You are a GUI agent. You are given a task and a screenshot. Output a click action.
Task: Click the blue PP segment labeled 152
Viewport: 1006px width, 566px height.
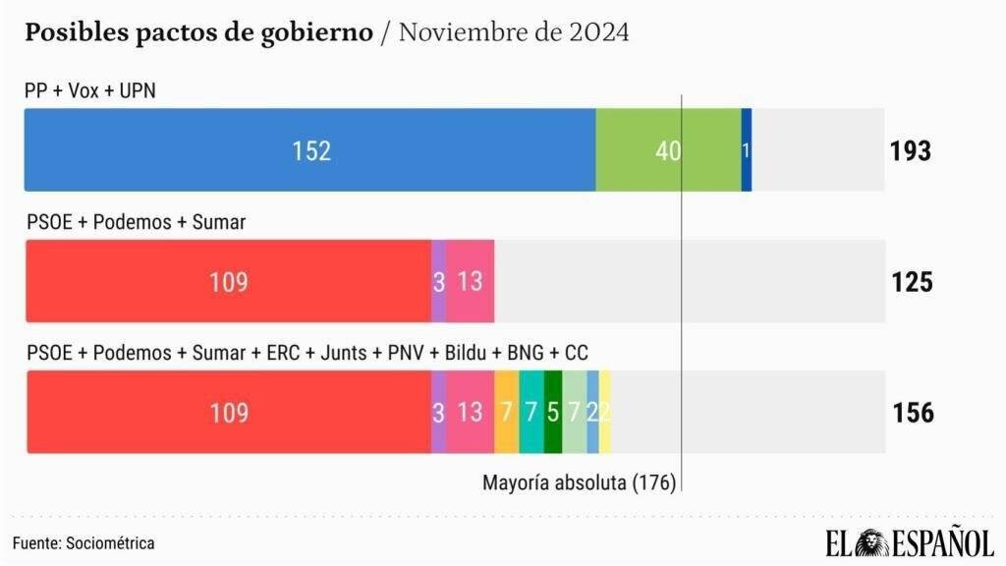310,150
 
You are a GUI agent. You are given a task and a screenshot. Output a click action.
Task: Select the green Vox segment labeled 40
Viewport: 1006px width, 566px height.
668,150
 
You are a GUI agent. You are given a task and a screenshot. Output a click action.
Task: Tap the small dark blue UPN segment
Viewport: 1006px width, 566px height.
747,150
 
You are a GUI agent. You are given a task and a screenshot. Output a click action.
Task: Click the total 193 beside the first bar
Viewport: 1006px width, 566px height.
911,151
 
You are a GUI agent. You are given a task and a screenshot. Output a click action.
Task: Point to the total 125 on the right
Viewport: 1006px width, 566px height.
912,282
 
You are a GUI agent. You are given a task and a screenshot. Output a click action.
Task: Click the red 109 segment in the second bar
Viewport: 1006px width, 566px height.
228,282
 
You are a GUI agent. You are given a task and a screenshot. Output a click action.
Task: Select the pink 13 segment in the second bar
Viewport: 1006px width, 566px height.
470,282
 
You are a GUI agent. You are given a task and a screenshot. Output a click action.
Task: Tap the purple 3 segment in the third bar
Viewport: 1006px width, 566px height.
438,413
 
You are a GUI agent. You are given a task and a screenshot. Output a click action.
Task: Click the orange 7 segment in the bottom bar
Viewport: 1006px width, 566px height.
506,413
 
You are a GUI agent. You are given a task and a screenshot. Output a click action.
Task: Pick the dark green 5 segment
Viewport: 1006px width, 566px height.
552,413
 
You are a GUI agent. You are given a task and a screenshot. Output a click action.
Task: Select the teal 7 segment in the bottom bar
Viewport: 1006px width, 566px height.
531,413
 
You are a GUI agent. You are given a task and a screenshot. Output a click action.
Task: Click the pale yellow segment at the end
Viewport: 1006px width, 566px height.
605,413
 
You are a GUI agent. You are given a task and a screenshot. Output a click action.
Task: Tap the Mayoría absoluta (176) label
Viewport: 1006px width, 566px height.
578,482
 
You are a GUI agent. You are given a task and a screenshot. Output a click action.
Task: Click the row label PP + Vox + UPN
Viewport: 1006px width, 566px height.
90,90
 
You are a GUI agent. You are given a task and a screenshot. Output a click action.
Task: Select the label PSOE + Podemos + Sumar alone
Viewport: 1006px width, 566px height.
136,222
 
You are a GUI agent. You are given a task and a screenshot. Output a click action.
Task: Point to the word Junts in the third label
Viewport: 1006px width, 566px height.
343,353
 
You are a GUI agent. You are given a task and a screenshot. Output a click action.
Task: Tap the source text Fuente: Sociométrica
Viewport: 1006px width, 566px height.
84,542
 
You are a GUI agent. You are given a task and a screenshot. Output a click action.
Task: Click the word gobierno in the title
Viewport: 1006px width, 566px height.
324,32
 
